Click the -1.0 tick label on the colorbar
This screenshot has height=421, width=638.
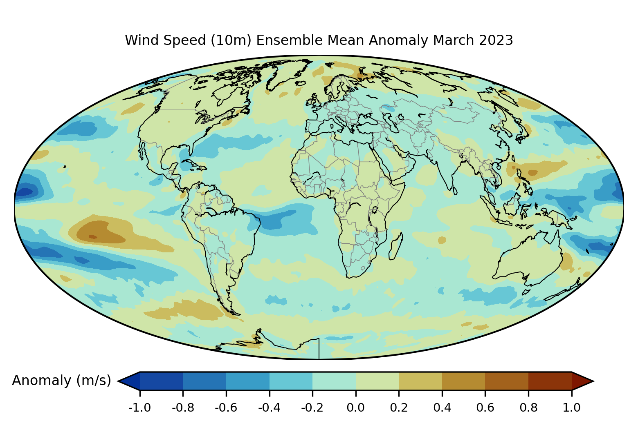[140, 408]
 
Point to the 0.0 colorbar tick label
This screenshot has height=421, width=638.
[356, 408]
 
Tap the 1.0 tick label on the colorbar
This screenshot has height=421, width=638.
[572, 408]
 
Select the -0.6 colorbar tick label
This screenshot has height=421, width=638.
[226, 408]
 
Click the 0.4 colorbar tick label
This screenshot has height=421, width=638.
[442, 408]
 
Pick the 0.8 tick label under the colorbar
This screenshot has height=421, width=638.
[528, 408]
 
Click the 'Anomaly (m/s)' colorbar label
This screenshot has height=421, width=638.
[61, 381]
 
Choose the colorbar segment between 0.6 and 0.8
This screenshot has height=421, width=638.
[507, 381]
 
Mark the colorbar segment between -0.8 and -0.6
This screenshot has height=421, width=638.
[204, 381]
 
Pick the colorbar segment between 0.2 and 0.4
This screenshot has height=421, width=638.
[420, 381]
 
